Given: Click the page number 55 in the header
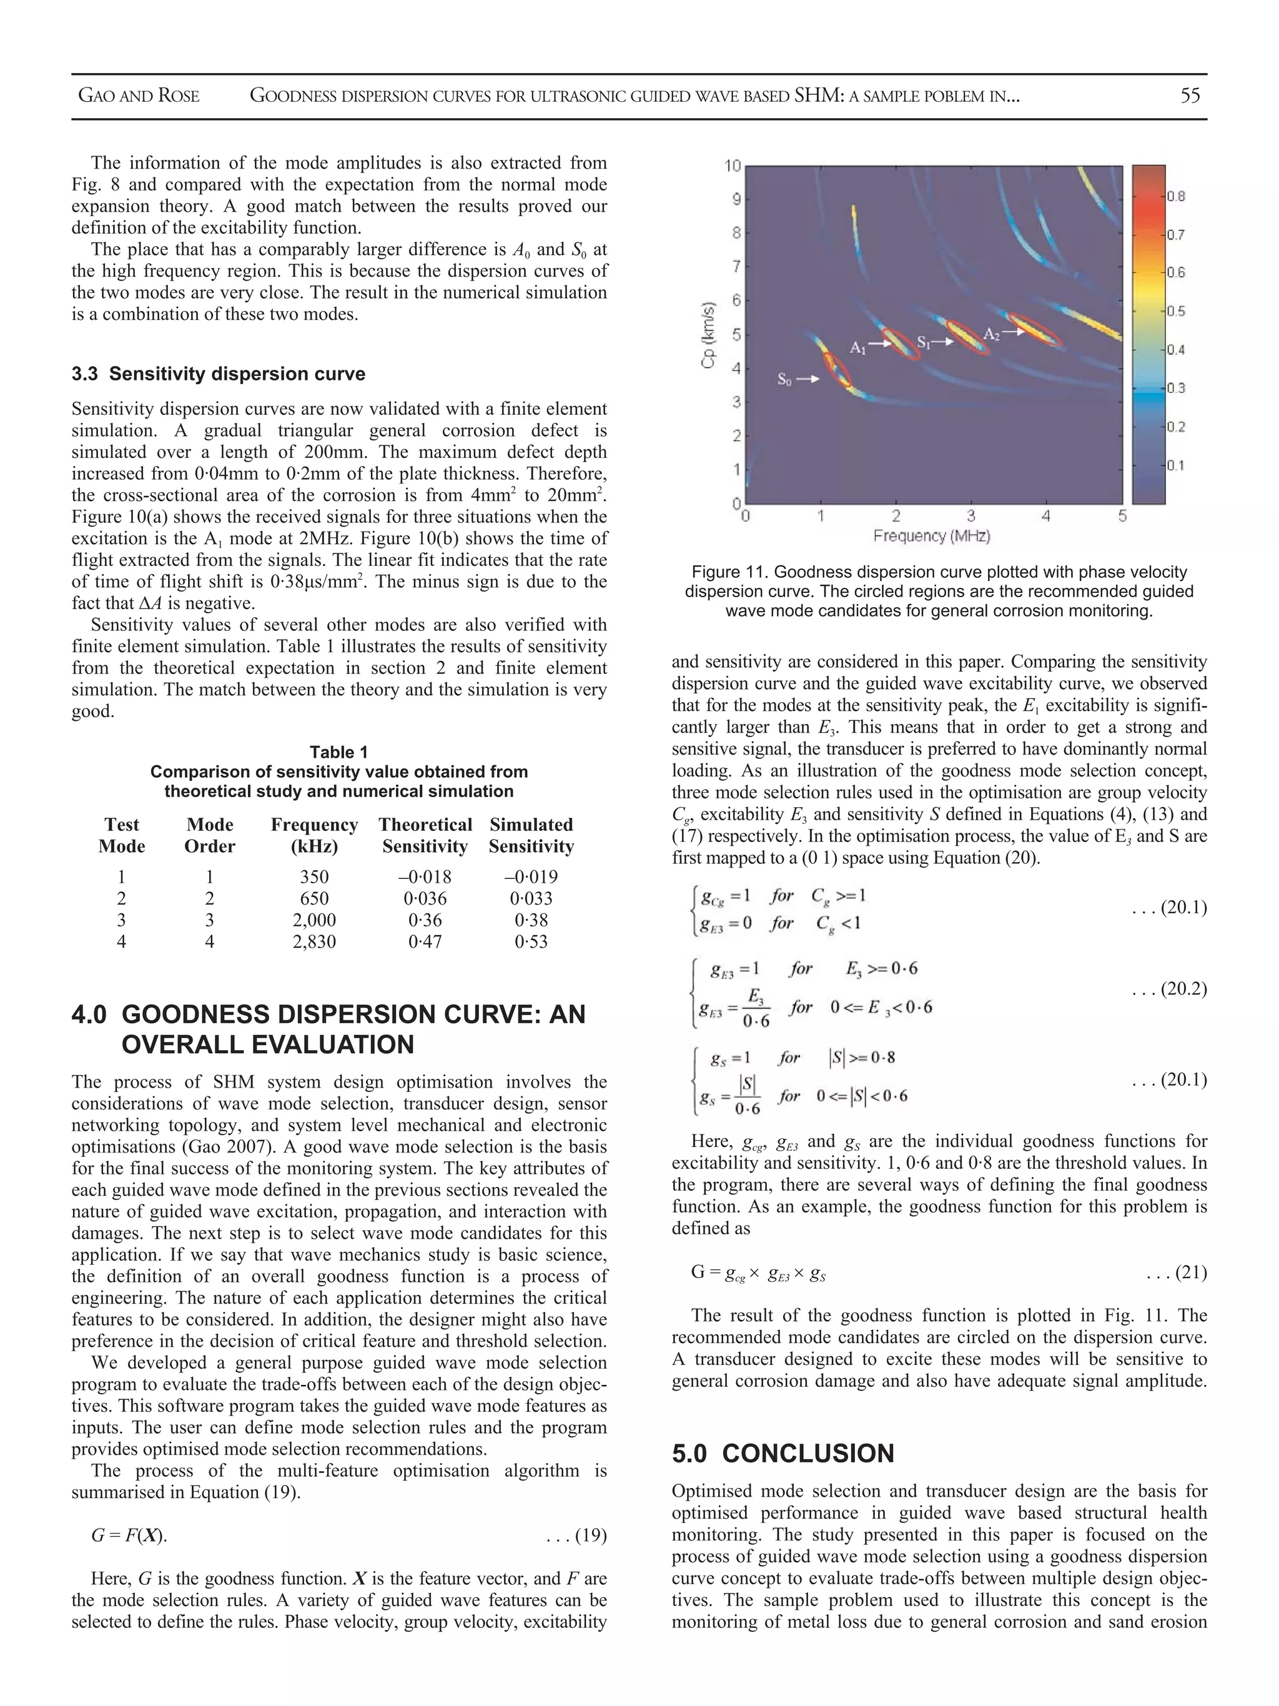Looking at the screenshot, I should click(1190, 96).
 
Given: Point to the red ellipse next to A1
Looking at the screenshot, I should click(901, 344).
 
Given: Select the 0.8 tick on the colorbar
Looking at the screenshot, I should click(1175, 196).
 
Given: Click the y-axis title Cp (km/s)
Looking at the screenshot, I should click(708, 334).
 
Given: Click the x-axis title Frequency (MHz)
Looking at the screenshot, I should click(931, 535).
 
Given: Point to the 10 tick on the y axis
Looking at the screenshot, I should click(733, 166).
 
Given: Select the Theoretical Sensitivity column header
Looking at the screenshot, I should click(425, 835).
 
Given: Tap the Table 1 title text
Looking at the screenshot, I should click(338, 752).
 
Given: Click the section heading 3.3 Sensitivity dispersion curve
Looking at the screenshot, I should click(218, 374).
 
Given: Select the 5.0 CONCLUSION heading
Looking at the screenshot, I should click(783, 1453).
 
